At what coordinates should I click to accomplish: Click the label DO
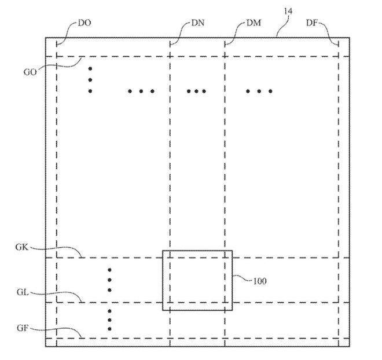coord(84,23)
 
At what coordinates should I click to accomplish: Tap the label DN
coord(198,23)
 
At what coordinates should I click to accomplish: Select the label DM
coord(253,23)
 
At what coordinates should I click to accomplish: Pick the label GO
coord(30,72)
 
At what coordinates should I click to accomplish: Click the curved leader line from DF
coord(332,32)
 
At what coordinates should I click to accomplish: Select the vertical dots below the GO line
coord(90,79)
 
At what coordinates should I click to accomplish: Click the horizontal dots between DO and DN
coord(141,91)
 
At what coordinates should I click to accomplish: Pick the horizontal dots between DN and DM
coord(197,91)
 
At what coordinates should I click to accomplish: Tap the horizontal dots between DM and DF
coord(259,91)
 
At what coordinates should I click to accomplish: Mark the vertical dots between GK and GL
coord(109,281)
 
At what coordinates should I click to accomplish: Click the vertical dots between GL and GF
coord(109,320)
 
